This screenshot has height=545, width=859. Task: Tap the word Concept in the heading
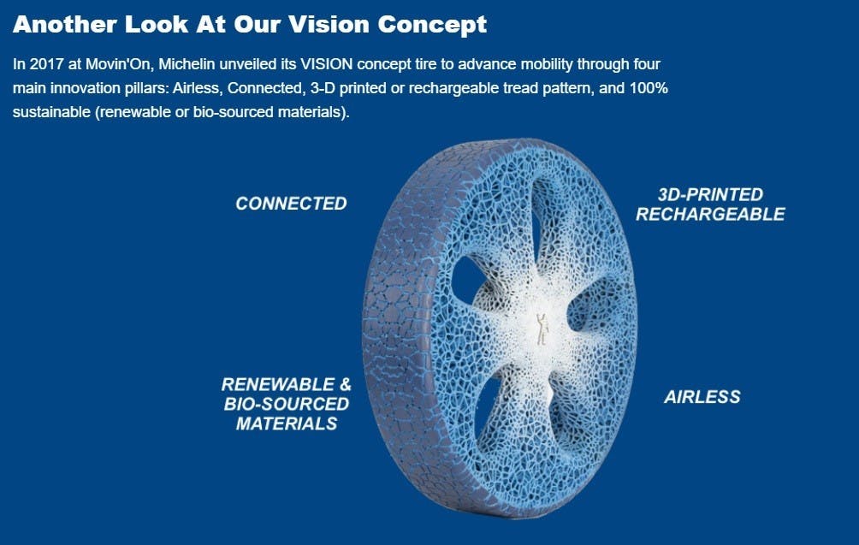432,25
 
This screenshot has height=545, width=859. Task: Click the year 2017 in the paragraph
46,64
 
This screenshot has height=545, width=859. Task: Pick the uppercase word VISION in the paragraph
327,64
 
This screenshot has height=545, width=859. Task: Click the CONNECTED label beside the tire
291,204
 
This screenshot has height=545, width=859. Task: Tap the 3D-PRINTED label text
710,194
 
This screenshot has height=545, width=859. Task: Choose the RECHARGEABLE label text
710,214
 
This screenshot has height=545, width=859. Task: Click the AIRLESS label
702,397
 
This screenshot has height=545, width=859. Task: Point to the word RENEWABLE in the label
278,384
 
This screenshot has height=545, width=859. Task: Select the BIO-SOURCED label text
287,404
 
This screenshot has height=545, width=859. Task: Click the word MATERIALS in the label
287,424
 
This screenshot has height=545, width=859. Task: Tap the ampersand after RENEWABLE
345,384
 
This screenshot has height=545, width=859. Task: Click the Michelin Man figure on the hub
542,329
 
